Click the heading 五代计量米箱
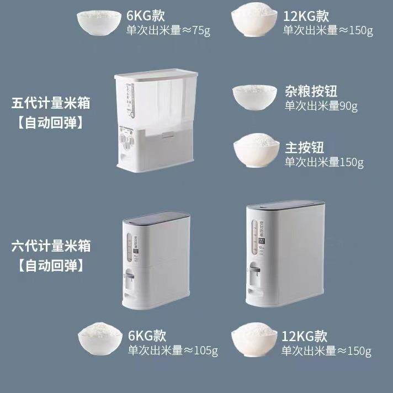51,103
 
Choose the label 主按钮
304,147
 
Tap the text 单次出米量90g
320,105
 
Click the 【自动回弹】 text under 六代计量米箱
51,265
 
